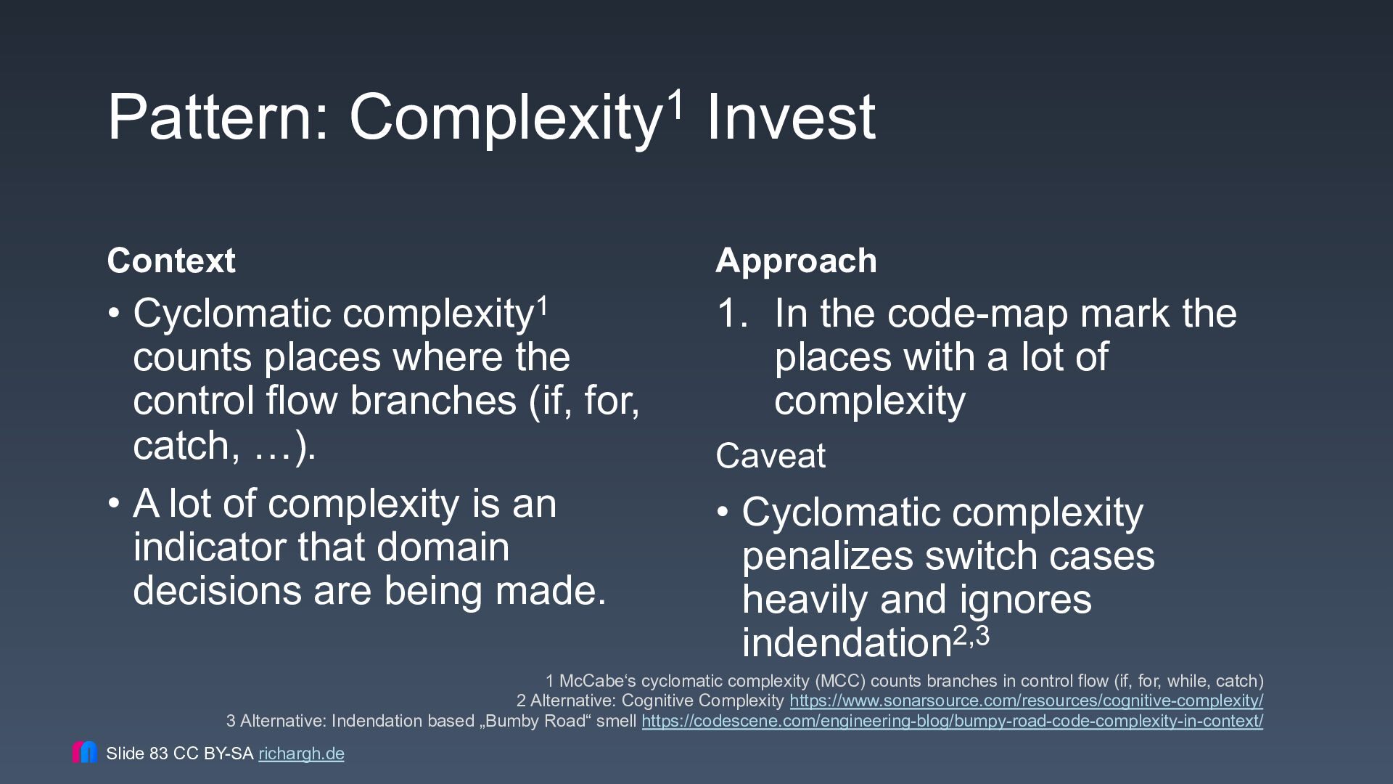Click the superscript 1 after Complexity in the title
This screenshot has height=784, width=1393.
[675, 103]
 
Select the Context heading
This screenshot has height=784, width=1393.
[171, 261]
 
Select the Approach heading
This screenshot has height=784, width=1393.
[796, 261]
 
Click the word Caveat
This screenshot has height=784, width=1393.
[771, 456]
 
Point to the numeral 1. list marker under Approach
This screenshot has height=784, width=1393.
[732, 313]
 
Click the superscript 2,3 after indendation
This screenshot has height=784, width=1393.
[971, 635]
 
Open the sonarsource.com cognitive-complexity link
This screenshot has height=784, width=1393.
[1026, 701]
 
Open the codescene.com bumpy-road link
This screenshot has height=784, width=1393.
[952, 722]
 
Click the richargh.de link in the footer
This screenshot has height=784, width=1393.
[301, 754]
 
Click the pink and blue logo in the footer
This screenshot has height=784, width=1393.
[85, 752]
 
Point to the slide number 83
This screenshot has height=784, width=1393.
[159, 754]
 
